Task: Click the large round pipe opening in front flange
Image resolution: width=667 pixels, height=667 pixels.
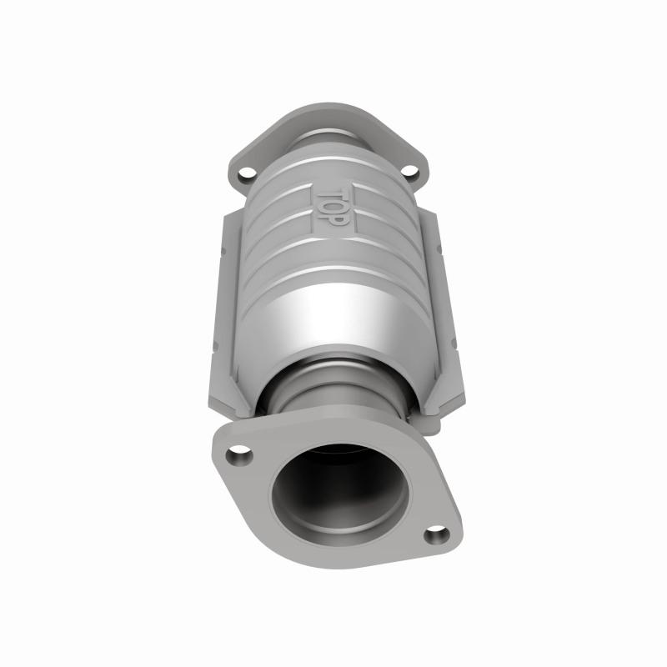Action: point(339,496)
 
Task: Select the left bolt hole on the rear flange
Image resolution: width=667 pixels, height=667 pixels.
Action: point(246,175)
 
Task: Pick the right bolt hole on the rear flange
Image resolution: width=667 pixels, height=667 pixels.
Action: point(409,172)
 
